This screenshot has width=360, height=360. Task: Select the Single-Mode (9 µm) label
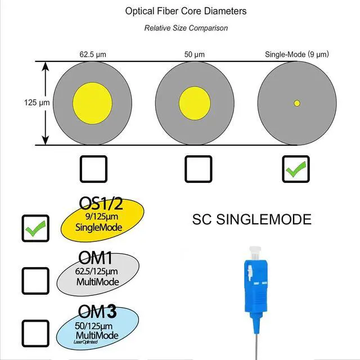click(x=296, y=55)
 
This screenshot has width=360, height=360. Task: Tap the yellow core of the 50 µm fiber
click(x=195, y=103)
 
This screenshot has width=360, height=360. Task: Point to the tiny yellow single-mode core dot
click(x=297, y=103)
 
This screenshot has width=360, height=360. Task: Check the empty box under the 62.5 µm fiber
click(x=93, y=169)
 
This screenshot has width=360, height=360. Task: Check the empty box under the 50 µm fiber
click(x=199, y=169)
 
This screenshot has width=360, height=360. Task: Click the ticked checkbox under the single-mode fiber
click(x=295, y=169)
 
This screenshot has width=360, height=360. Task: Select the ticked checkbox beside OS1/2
click(x=35, y=228)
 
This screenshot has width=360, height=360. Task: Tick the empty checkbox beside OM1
click(x=35, y=280)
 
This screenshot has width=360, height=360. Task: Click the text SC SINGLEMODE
click(x=251, y=219)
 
